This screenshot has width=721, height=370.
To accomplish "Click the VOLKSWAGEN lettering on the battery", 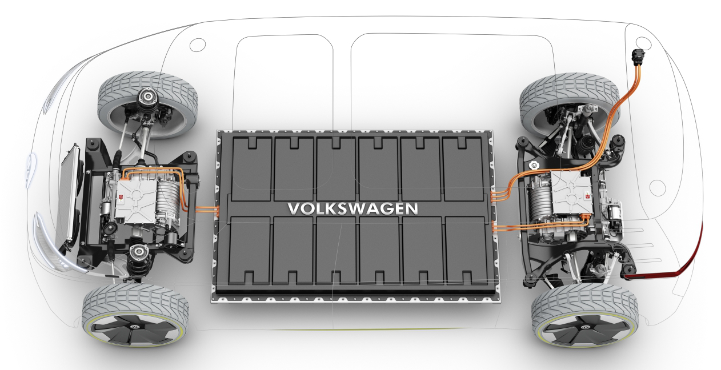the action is click(x=353, y=208).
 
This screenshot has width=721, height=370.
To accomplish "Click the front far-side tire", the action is click(x=147, y=104).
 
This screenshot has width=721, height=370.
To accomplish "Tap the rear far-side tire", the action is click(x=570, y=104).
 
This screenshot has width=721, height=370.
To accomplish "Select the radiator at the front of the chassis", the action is click(x=68, y=196).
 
